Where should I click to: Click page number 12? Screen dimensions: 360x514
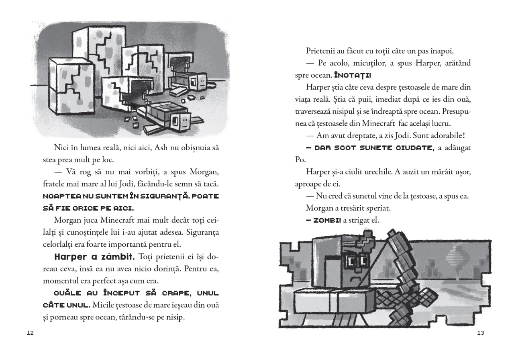point(30,333)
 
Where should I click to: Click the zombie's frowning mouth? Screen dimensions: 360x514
point(353,278)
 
